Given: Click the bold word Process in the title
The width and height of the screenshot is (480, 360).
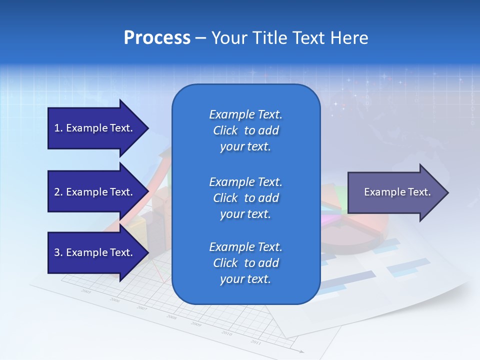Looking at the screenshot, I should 157,38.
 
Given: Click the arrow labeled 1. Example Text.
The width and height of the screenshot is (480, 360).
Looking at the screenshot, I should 95,128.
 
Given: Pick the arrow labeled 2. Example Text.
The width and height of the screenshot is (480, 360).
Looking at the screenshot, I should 95,192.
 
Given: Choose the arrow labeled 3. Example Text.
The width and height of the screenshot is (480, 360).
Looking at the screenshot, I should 95,252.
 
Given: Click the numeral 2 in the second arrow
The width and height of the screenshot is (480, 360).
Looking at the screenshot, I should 57,192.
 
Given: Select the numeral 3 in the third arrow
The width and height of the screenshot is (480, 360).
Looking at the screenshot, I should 57,252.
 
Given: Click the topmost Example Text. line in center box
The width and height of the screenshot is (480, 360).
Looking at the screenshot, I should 245,114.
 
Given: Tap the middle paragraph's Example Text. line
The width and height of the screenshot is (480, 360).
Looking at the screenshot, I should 245,181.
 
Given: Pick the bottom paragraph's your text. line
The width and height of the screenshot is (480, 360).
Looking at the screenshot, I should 245,279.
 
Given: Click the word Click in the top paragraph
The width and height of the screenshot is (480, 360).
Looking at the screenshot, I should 225,130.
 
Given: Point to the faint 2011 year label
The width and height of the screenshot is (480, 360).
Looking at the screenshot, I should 256,342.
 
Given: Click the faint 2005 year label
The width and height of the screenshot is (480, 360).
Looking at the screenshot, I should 86,291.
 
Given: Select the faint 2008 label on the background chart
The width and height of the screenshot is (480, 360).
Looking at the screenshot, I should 171,317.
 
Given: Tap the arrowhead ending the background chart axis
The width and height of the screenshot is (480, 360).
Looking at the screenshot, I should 301,351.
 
